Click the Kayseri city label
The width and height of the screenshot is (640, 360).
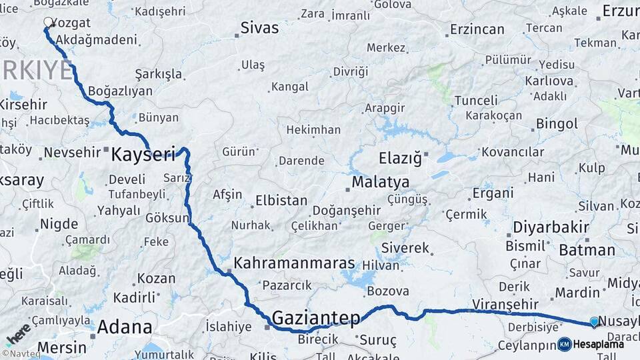click(x=143, y=155)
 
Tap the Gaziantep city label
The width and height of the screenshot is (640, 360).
click(x=316, y=317)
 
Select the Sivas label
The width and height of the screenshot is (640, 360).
click(x=259, y=28)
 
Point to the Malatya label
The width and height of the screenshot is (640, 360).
click(x=381, y=182)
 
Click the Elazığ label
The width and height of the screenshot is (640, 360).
click(x=400, y=159)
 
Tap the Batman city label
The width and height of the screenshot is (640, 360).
click(x=587, y=250)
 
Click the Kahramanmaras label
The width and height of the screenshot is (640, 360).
click(x=294, y=263)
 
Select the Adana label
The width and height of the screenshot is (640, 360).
click(x=125, y=327)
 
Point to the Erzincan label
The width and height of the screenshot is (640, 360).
click(x=477, y=29)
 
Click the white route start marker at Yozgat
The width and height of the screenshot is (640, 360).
click(x=49, y=22)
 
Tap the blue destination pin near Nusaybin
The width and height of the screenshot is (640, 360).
click(x=595, y=322)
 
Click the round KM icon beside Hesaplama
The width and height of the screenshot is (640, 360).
click(x=564, y=344)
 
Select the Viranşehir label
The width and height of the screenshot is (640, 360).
click(x=505, y=304)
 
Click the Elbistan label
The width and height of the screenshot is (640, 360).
click(x=281, y=200)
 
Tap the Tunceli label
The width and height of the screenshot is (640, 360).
click(x=476, y=101)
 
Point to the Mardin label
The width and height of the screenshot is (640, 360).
click(x=578, y=292)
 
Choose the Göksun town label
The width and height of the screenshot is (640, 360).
click(x=167, y=217)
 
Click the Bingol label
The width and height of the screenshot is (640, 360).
click(x=557, y=124)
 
